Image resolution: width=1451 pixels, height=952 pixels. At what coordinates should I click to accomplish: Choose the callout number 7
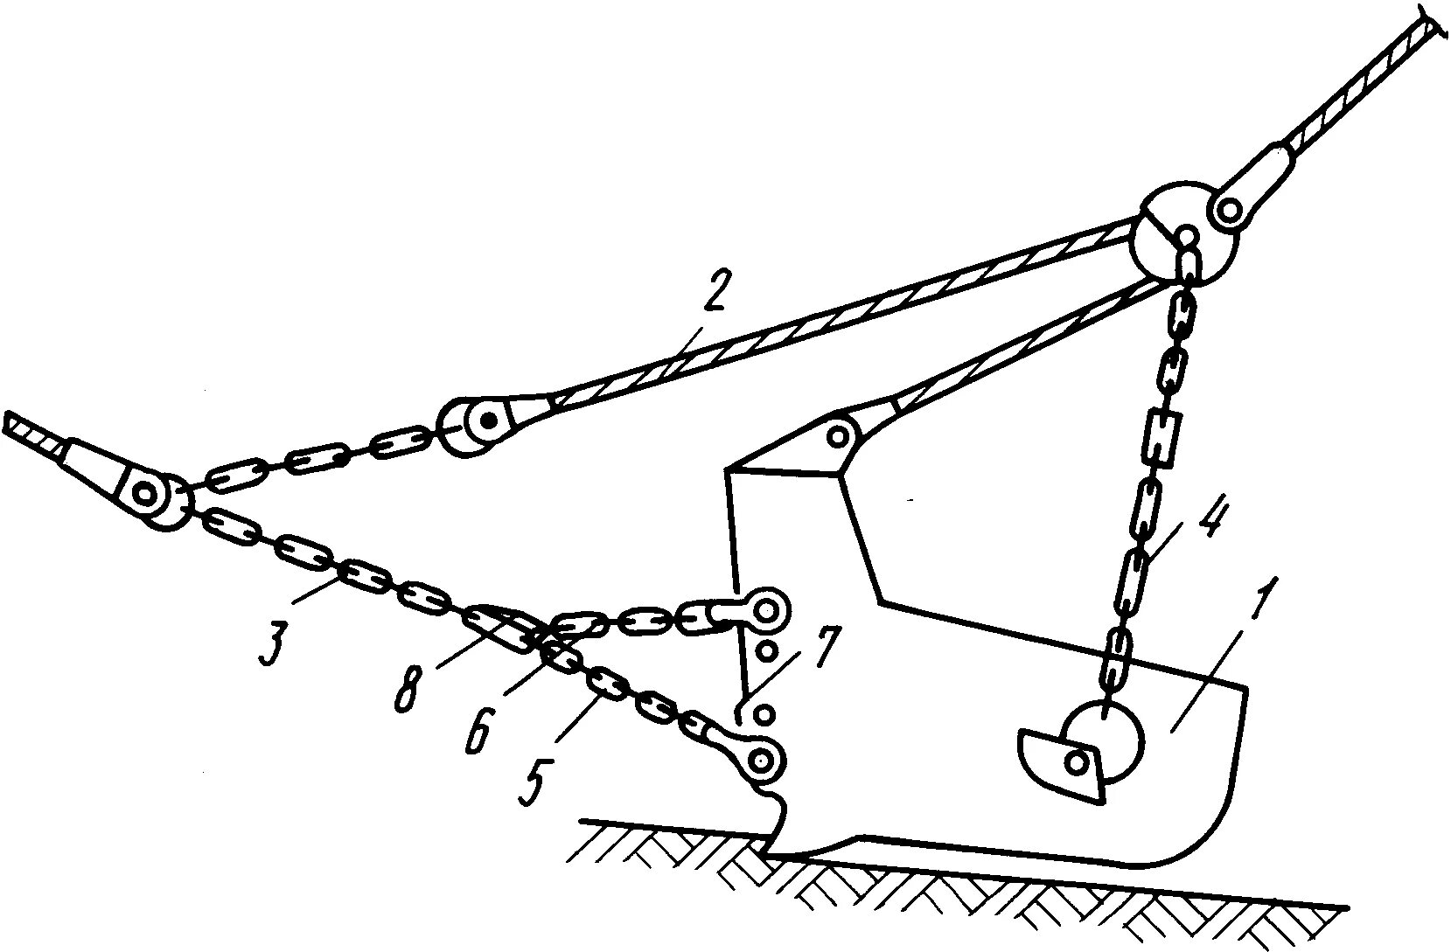tap(823, 648)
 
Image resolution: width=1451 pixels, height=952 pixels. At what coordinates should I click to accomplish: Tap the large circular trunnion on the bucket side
tap(1105, 740)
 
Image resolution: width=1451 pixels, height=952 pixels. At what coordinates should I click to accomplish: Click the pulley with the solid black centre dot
tap(477, 427)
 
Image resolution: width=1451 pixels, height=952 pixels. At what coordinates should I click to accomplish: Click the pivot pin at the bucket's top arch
tap(840, 434)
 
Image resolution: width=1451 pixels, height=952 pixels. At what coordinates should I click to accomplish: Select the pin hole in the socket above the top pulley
tap(1230, 210)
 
